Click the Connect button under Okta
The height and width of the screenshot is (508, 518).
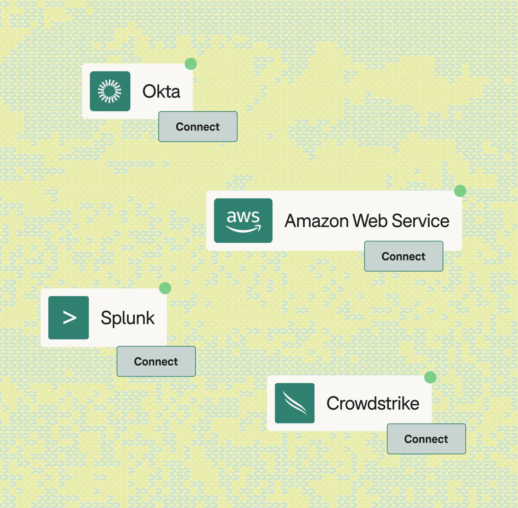[x=198, y=127]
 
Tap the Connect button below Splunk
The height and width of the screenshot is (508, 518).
[x=156, y=361]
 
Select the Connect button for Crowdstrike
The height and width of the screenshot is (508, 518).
[x=426, y=439]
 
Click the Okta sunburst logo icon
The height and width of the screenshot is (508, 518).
[x=110, y=91]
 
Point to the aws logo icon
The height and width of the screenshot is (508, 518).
[x=243, y=221]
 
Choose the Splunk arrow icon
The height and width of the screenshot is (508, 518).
[x=69, y=318]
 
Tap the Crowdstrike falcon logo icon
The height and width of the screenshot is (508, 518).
[x=294, y=403]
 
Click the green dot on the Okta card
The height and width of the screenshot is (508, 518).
[x=191, y=64]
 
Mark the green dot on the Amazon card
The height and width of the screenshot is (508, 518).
[x=460, y=191]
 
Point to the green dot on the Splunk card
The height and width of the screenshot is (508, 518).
[x=165, y=288]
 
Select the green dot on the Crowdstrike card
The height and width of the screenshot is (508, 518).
[x=430, y=377]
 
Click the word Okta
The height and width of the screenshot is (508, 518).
[x=161, y=92]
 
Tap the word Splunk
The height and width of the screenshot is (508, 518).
[x=128, y=318]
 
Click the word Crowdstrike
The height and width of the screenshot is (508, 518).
[x=373, y=403]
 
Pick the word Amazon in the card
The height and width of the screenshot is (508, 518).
[x=317, y=221]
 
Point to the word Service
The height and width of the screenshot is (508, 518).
[x=421, y=221]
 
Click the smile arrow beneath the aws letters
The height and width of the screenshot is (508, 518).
[x=243, y=230]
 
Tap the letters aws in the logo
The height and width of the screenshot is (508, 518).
[x=243, y=217]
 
